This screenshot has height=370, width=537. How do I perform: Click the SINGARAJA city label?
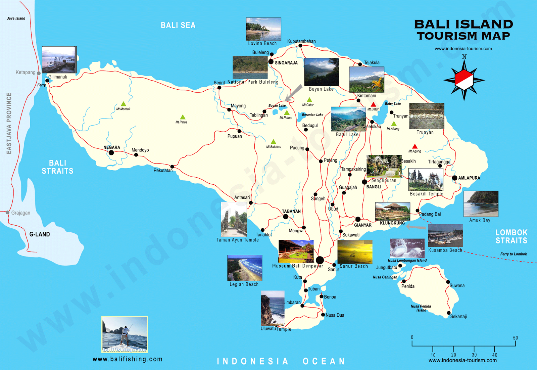click(286, 63)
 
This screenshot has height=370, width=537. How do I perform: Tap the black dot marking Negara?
click(111, 153)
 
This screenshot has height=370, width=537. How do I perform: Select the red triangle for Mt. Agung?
click(415, 146)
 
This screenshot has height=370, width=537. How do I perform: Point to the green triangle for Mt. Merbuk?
click(124, 104)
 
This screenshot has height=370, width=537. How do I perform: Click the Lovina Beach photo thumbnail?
click(263, 29)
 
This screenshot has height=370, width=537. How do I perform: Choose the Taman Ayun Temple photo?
click(234, 220)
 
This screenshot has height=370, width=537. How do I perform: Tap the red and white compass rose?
click(464, 80)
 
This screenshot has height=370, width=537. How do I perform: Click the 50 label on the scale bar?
click(515, 338)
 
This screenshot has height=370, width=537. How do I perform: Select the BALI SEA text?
click(178, 26)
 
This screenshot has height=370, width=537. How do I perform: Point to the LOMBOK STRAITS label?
click(511, 236)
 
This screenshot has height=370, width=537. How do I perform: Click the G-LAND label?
click(40, 234)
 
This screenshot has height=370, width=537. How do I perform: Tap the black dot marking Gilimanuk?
click(47, 81)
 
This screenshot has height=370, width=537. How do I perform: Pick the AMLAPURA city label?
click(469, 178)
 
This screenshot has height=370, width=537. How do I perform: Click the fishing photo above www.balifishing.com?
click(125, 334)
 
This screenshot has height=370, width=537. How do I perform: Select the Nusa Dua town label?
click(335, 315)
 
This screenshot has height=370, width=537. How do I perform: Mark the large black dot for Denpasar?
click(320, 260)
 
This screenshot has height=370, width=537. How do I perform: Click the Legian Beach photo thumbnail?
click(245, 268)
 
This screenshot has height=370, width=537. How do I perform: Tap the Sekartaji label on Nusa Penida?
click(458, 317)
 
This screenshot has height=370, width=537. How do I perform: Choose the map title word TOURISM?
click(448, 36)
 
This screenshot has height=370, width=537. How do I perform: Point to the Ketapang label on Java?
click(26, 73)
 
